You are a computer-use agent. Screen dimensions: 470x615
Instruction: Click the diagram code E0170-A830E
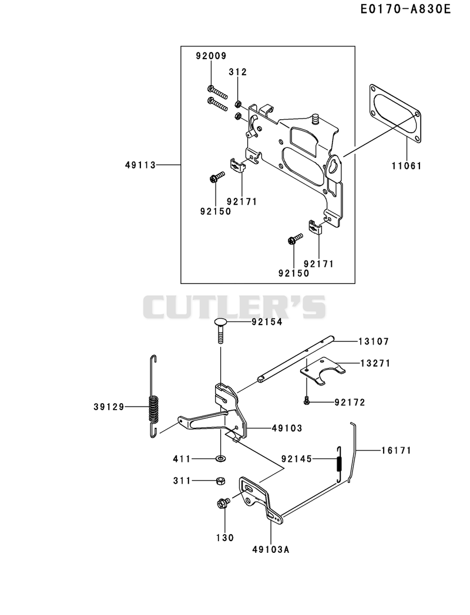click(x=405, y=9)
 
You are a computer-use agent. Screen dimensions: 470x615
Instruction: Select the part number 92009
click(x=211, y=56)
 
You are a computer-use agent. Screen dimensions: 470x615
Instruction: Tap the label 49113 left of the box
click(x=140, y=165)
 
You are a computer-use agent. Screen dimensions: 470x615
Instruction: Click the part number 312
click(x=238, y=72)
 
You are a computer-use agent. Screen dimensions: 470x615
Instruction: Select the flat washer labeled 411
click(x=221, y=458)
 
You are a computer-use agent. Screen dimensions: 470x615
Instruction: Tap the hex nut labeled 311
click(x=221, y=480)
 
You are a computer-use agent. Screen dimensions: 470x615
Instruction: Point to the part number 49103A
click(x=271, y=549)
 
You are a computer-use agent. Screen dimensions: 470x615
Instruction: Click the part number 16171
click(x=396, y=450)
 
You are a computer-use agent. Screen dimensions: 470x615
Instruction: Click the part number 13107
click(x=374, y=342)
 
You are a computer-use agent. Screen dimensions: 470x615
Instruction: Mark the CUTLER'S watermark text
click(x=234, y=307)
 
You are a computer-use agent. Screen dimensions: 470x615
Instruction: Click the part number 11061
click(x=407, y=166)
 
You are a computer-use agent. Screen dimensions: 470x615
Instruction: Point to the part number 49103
click(x=287, y=428)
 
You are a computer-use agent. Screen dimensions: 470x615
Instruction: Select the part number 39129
click(x=109, y=407)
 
